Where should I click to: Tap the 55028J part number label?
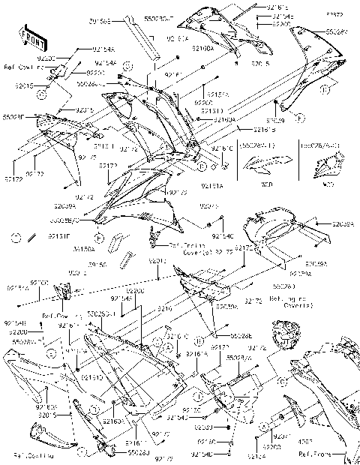(x=137, y=452)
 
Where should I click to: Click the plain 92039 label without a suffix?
(x=274, y=119)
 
